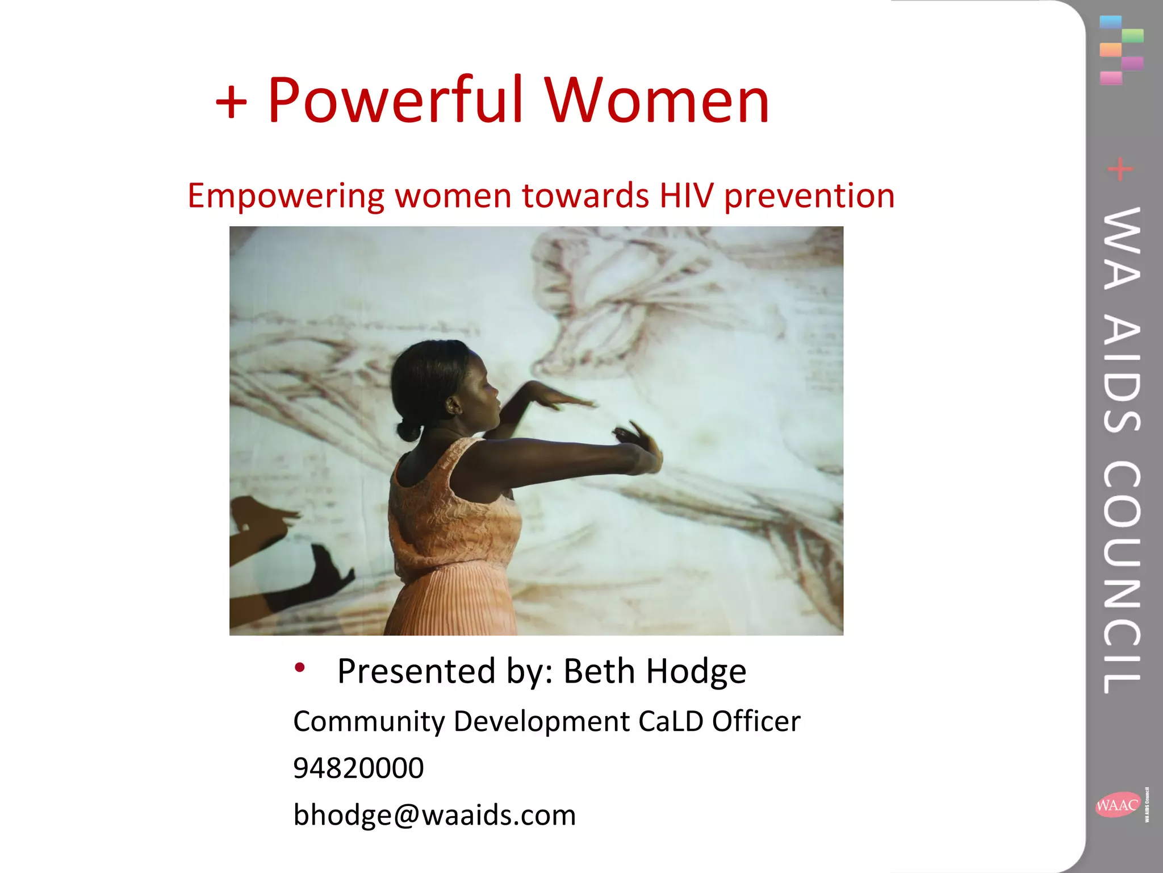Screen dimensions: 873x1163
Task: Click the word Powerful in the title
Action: [x=396, y=101]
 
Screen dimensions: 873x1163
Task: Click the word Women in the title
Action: [x=657, y=101]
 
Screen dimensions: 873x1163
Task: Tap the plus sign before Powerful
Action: [x=231, y=103]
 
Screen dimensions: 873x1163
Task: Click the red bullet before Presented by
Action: [x=300, y=667]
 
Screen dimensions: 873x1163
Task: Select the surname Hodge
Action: [x=696, y=671]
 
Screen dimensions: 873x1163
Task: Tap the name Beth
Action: [x=599, y=671]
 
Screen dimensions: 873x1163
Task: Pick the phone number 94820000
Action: [x=358, y=768]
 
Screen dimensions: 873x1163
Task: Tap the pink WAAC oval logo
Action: [x=1117, y=805]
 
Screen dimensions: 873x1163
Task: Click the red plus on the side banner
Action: [x=1120, y=169]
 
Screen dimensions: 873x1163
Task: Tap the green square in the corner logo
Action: [x=1133, y=35]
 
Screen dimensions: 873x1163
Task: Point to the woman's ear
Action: [x=454, y=405]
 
